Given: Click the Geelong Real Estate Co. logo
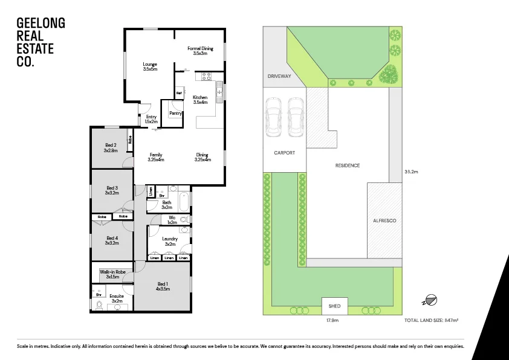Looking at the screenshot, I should point(41,42).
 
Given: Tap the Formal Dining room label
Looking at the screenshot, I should point(200,51).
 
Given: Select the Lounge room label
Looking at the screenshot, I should point(150,66).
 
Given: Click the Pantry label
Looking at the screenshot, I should point(175,113).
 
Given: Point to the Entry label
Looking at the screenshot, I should point(151,119).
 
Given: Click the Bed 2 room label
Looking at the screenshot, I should point(110,147).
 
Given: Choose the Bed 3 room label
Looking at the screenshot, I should point(111,190).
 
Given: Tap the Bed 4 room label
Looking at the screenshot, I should point(111,240).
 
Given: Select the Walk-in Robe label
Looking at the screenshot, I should point(112,274).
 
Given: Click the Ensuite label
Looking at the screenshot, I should point(117,298).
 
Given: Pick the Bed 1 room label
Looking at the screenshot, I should point(163,286).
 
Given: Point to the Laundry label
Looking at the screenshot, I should point(170,241).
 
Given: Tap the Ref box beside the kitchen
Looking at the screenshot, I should point(179,93).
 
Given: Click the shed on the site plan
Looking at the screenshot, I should point(334,306).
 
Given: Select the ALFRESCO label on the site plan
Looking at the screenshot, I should point(384,221).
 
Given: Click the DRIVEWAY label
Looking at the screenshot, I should point(279,77).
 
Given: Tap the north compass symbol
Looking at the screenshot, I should point(430,300).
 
